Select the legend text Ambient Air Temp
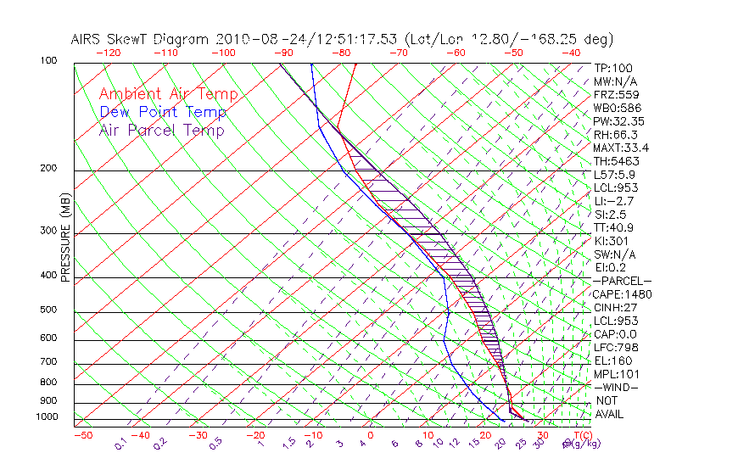tap(168, 94)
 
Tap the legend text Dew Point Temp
tap(162, 112)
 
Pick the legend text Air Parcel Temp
tap(161, 130)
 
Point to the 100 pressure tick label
tap(48, 61)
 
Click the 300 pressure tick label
tap(48, 231)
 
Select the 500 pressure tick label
tap(48, 310)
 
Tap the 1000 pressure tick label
tap(46, 417)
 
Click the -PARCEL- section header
tap(622, 281)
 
